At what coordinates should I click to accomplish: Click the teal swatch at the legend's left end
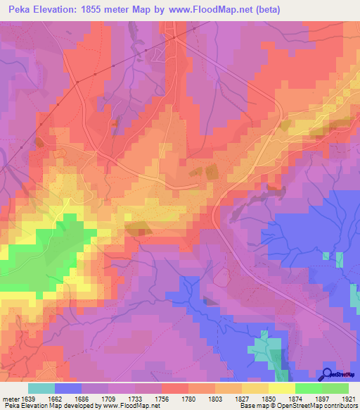point(41,388)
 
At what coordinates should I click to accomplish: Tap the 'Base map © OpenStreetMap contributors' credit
point(297,406)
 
